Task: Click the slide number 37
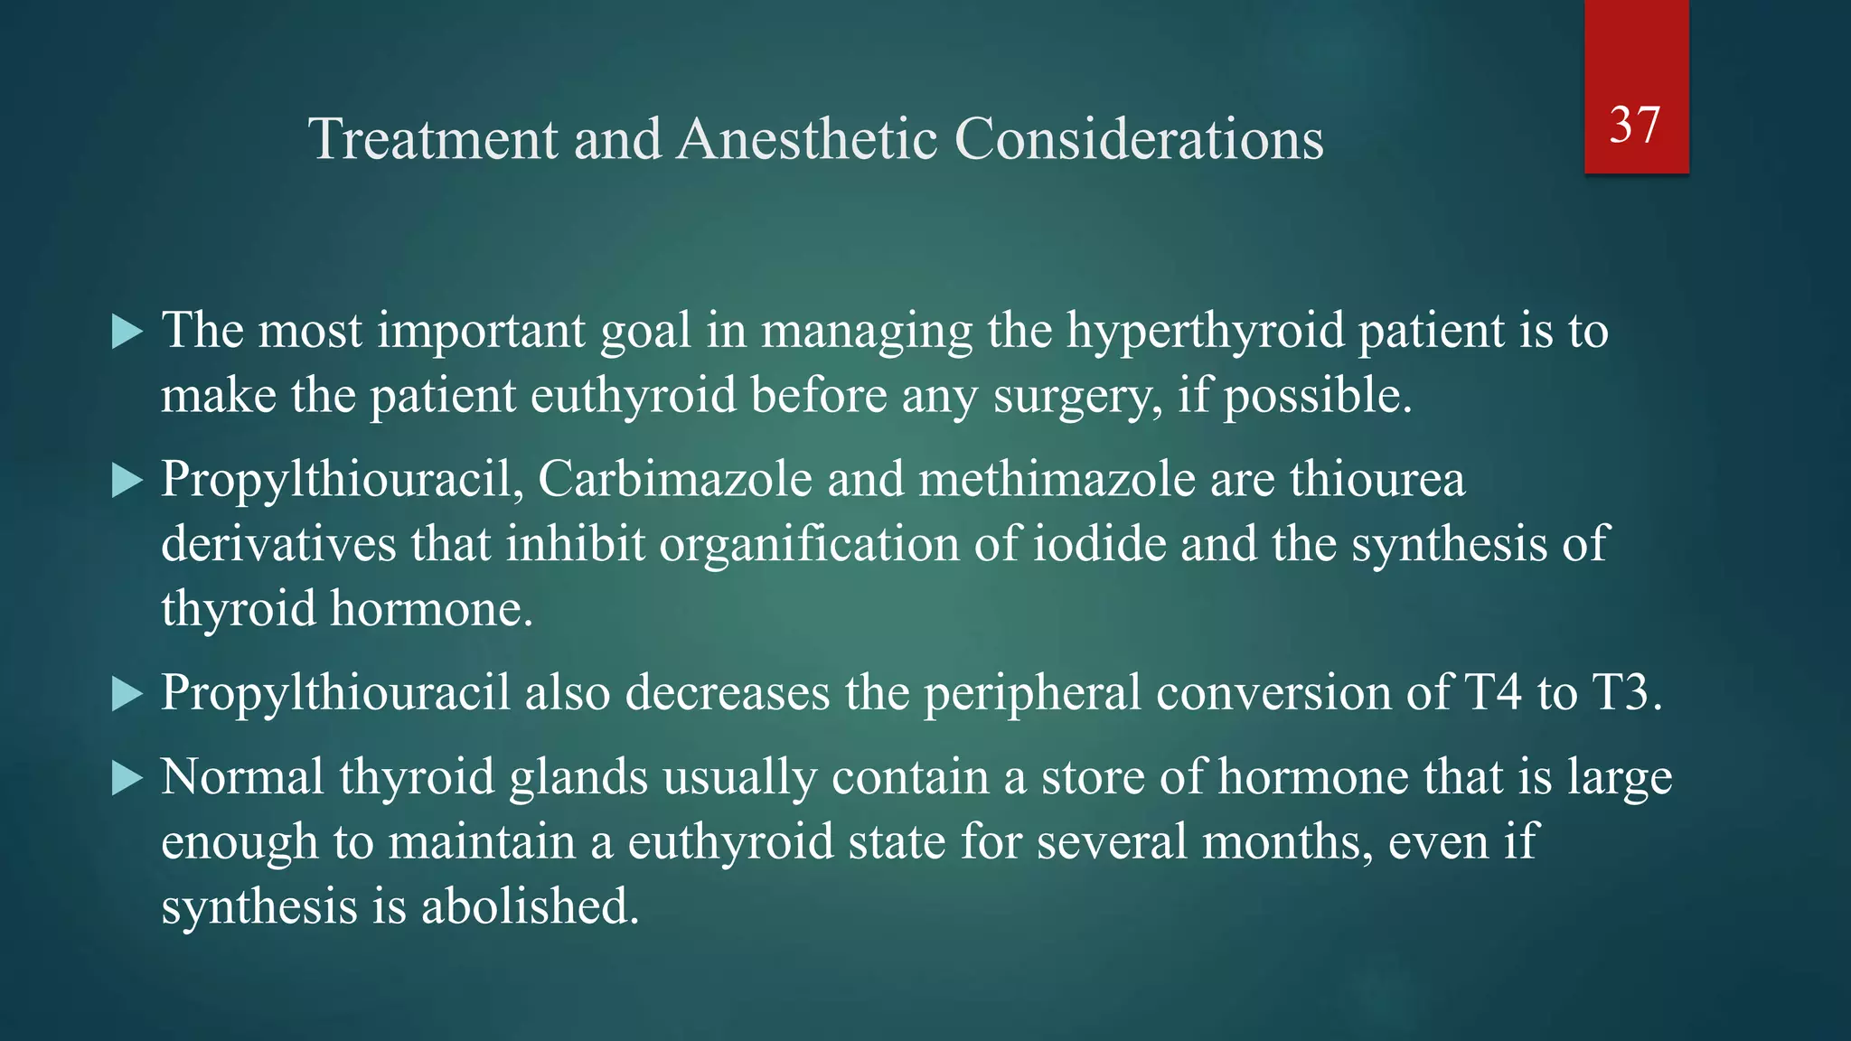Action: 1635,125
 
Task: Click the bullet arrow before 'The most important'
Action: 127,333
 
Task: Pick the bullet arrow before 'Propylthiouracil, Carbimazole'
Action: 127,481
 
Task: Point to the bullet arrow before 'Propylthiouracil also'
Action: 127,694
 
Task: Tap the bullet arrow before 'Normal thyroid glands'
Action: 127,778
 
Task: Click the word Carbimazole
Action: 675,479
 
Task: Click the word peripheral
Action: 1032,693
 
